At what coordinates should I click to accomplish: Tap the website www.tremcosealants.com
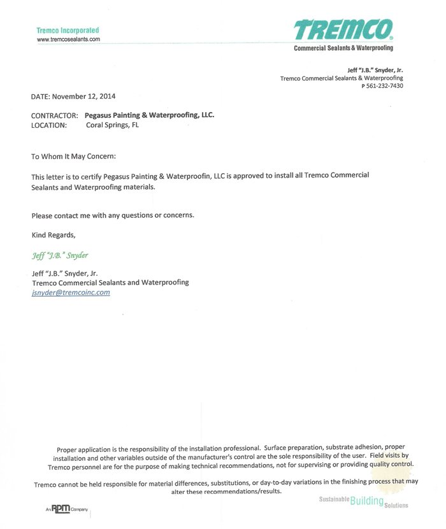68,39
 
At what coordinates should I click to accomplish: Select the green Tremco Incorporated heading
68,30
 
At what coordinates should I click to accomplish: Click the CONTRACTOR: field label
55,116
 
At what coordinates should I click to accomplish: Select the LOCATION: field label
48,125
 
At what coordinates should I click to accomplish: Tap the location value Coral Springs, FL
112,125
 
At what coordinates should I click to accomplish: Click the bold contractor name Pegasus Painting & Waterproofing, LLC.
150,115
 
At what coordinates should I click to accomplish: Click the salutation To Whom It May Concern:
74,156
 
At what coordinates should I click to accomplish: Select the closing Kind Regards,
57,235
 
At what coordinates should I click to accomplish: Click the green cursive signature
60,255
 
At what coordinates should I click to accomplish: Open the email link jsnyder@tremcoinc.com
71,292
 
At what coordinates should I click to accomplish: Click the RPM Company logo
67,509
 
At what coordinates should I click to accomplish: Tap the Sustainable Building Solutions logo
363,501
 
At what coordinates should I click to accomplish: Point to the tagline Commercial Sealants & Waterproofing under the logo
343,48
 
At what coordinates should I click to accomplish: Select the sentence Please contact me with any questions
112,215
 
